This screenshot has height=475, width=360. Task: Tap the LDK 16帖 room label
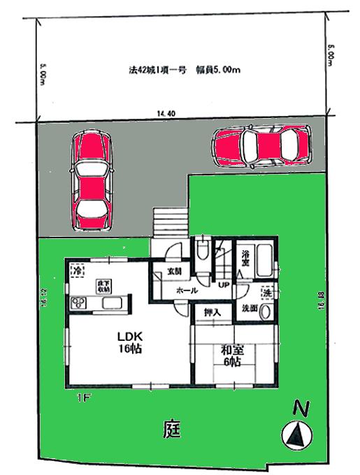(x=129, y=342)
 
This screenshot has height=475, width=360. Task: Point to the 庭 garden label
(x=174, y=427)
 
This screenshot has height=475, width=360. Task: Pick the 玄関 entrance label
(x=174, y=272)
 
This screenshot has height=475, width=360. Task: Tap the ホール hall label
(x=185, y=290)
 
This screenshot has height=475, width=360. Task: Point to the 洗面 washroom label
(x=250, y=307)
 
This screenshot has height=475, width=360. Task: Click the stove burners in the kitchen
(x=76, y=302)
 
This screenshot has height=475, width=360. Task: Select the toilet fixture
(x=202, y=248)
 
